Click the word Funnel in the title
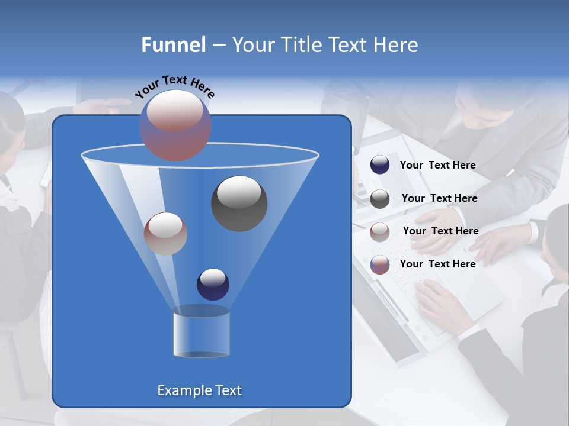coord(173,45)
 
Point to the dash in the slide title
coord(219,46)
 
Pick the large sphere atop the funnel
coord(175,125)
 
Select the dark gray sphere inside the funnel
coord(239,204)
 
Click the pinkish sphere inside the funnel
coord(165,233)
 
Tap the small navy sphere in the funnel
coord(213,284)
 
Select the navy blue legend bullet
coord(380,165)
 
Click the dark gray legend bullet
coord(380,199)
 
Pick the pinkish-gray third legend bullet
coord(380,232)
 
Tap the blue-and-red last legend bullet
coord(380,264)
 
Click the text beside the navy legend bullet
coord(437,166)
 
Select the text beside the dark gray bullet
coord(439,199)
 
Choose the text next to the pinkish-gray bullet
coord(440,231)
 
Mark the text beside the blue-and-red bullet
coord(437,264)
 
